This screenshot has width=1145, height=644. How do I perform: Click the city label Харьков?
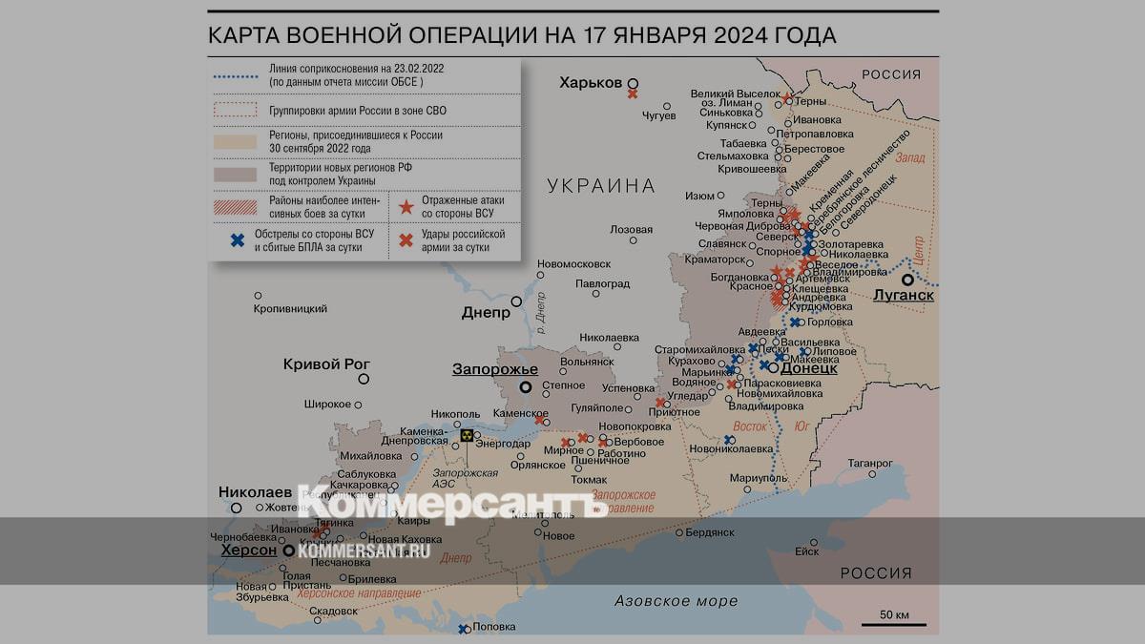(x=591, y=83)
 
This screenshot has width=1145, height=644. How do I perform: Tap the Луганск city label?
(x=903, y=296)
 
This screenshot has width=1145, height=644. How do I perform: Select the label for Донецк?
(x=809, y=367)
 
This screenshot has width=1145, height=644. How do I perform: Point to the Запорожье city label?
(x=494, y=370)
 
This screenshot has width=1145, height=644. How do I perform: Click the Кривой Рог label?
(x=326, y=364)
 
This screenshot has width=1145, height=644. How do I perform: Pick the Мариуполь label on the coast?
(x=758, y=477)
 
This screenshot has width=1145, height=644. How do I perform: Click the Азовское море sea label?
(x=676, y=601)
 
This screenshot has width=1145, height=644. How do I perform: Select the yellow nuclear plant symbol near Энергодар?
(x=467, y=435)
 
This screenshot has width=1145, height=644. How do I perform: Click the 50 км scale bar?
(x=892, y=625)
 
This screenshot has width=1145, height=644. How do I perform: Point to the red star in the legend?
(x=406, y=206)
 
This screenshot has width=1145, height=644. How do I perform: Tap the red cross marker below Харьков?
(x=632, y=93)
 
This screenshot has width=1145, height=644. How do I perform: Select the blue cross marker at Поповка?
(x=463, y=629)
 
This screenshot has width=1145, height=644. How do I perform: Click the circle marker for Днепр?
(x=516, y=301)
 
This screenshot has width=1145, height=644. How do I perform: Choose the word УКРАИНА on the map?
(x=601, y=186)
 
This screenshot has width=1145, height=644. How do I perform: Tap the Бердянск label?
(x=710, y=532)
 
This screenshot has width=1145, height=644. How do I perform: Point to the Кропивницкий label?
(x=290, y=309)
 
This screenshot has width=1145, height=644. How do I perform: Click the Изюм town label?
(x=699, y=196)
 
